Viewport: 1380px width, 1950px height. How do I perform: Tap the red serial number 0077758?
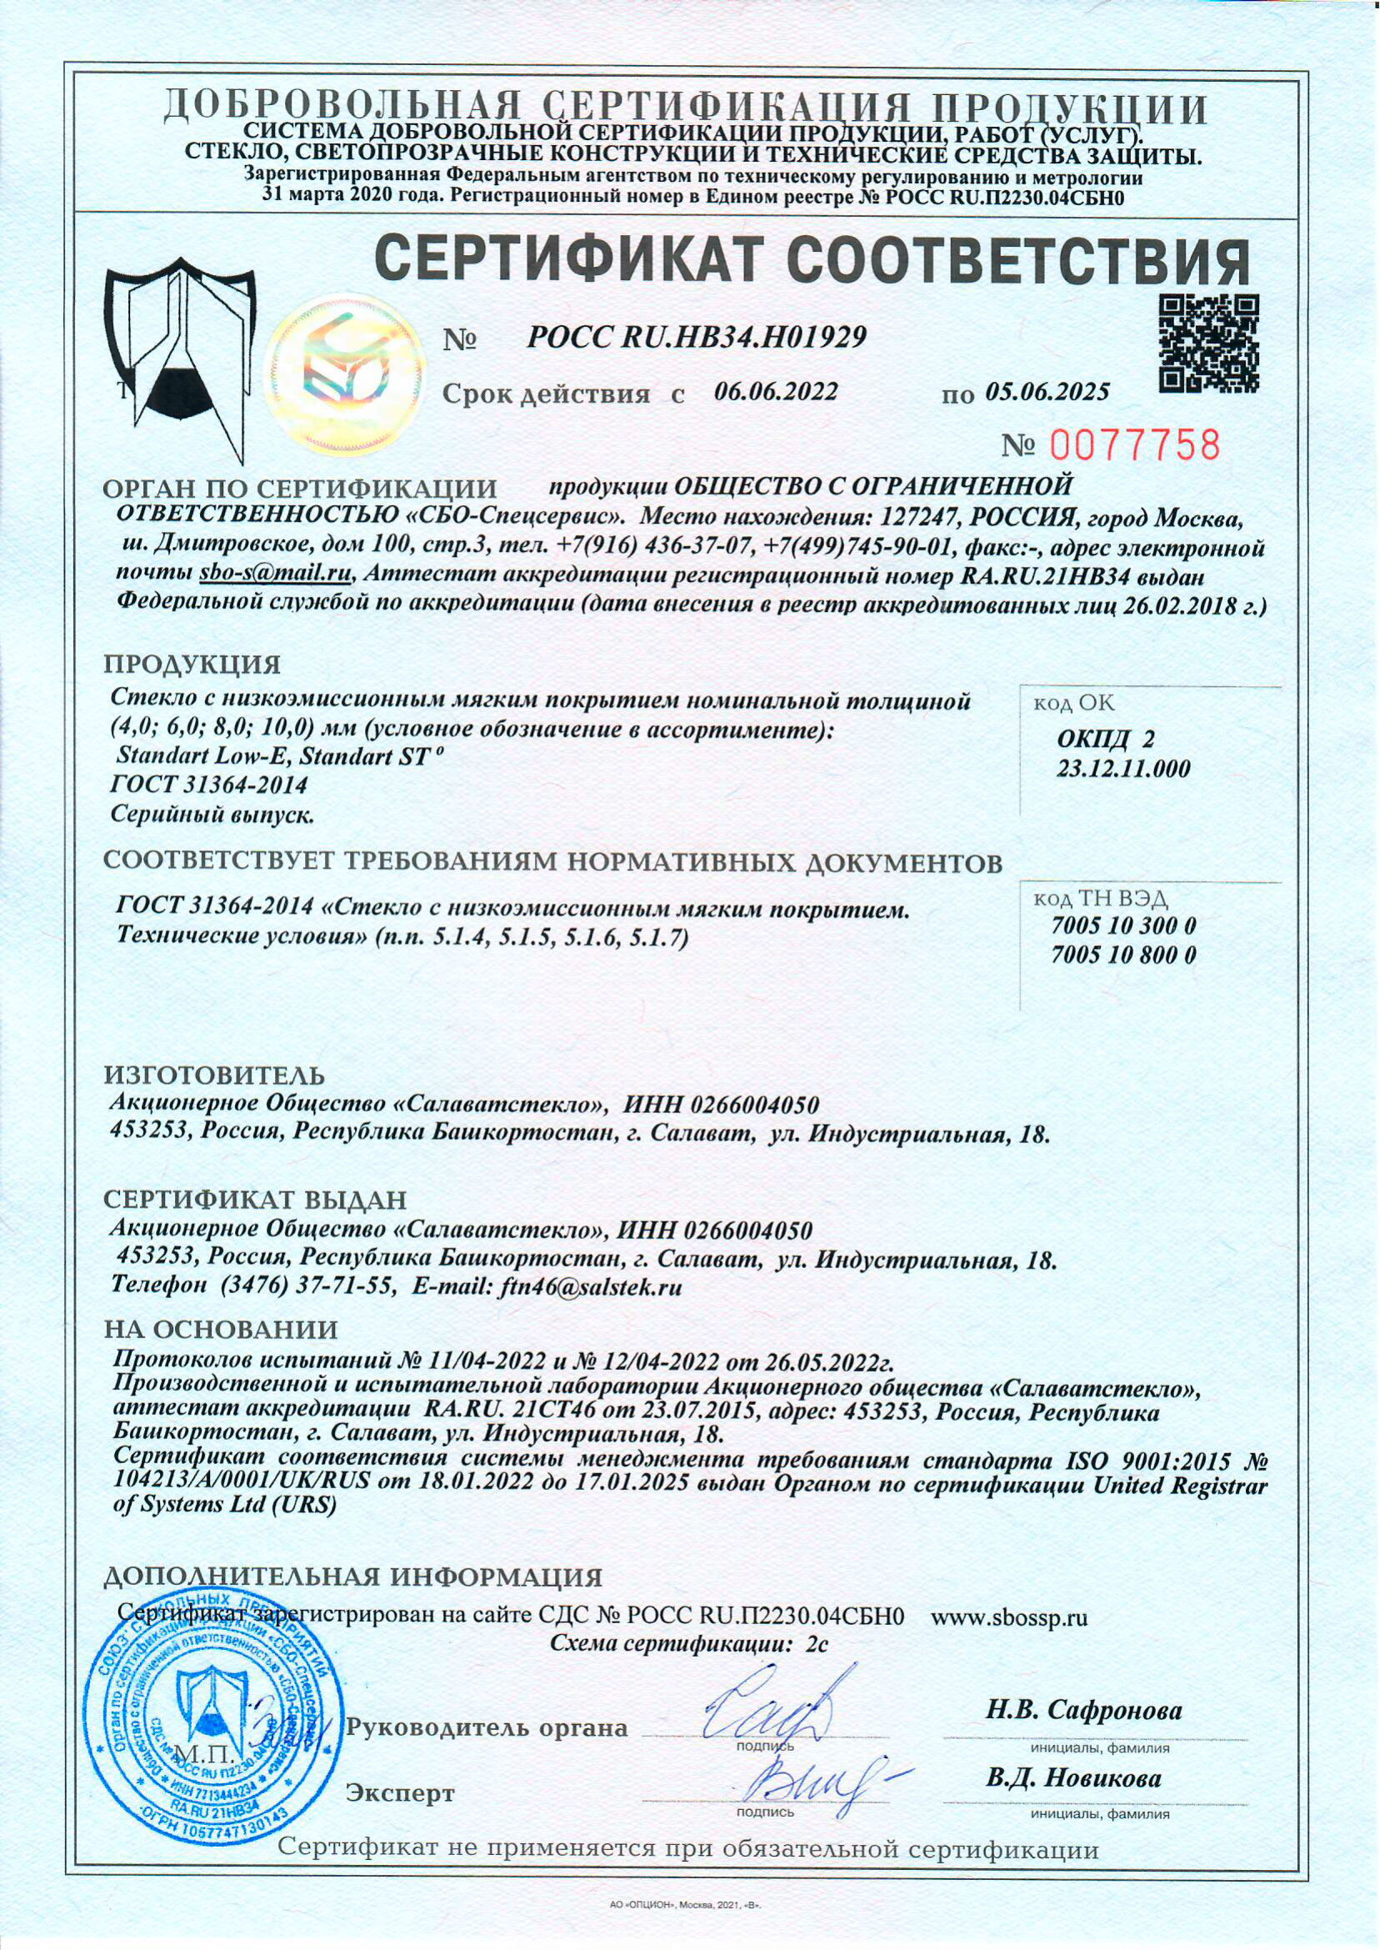[x=1136, y=445]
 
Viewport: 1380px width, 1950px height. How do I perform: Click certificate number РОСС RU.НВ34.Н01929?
[x=696, y=338]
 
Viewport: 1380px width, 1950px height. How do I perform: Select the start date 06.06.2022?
[x=776, y=391]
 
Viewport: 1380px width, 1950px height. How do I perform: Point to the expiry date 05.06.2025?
[x=1047, y=392]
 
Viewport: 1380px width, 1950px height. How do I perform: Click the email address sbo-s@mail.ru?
[x=275, y=574]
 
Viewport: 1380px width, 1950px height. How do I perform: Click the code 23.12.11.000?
[x=1123, y=769]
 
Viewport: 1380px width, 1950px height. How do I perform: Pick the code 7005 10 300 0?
[x=1123, y=925]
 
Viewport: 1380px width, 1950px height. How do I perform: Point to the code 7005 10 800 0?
[x=1123, y=955]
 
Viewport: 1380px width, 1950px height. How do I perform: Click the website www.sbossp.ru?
[x=1009, y=1616]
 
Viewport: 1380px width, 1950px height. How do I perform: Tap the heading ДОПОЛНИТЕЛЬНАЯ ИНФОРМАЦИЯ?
[x=352, y=1578]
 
